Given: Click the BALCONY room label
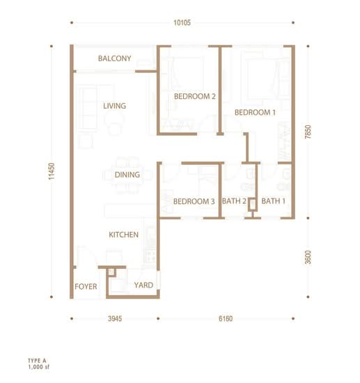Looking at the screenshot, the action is [114, 58].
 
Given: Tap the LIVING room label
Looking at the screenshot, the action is [114, 106].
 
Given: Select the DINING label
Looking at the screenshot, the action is [127, 175].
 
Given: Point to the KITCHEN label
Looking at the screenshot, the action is [123, 235].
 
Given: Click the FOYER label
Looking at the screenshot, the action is [86, 286].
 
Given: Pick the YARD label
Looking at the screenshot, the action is [143, 285].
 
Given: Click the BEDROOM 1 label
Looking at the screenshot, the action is [256, 112].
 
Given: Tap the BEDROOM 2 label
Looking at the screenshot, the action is [195, 96].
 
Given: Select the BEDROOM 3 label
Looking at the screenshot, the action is [194, 201].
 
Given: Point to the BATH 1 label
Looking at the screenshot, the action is [273, 201].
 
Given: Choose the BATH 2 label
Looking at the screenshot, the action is [234, 201].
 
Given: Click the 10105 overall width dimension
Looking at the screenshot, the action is [182, 23].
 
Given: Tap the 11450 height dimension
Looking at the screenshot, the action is [52, 171].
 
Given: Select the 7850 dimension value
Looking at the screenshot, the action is [308, 132].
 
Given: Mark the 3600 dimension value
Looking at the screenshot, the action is [308, 258].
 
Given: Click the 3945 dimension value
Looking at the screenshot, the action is [115, 318].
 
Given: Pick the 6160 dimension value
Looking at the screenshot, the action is [226, 318].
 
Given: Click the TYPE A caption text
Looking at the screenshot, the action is [37, 361].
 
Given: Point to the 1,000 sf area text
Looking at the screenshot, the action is [38, 367].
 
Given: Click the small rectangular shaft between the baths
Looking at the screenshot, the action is [253, 205].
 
